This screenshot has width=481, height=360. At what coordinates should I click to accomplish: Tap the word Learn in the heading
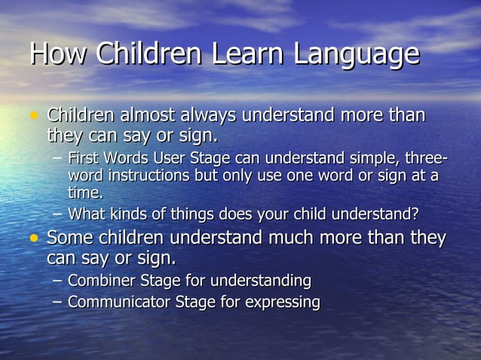click(x=247, y=53)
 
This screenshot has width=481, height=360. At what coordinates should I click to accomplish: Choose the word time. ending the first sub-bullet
click(x=85, y=192)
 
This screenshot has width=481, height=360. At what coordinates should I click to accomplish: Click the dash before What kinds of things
click(x=58, y=213)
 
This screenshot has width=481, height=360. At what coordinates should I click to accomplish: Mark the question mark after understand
click(x=415, y=213)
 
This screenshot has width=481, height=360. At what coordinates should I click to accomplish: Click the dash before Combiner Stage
click(x=58, y=281)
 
